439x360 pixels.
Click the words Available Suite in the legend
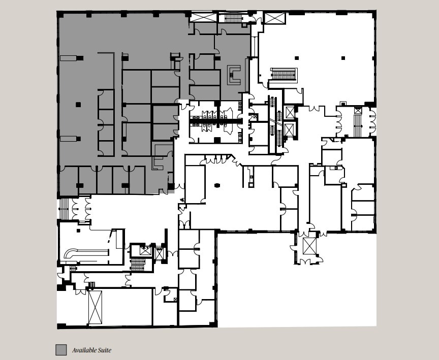[91, 350]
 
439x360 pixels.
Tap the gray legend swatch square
[61, 350]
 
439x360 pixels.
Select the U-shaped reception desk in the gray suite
[234, 75]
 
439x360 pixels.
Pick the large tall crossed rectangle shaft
[95, 307]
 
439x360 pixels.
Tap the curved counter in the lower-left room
[86, 252]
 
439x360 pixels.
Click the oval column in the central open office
[217, 185]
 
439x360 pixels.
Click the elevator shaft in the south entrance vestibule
[309, 246]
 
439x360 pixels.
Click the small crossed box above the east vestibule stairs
[358, 111]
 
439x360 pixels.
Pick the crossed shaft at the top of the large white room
[274, 18]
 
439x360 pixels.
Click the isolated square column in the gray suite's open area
[78, 105]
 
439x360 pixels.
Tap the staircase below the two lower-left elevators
[138, 265]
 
